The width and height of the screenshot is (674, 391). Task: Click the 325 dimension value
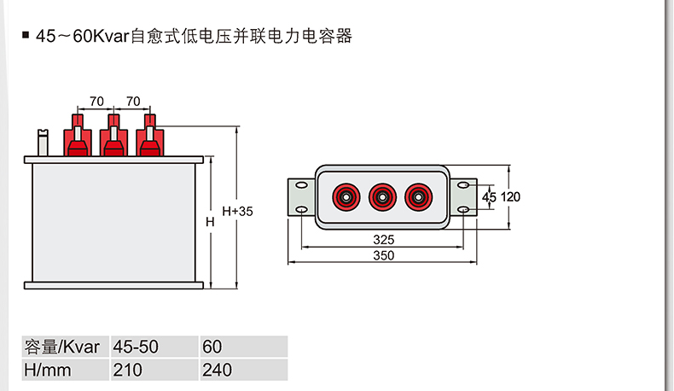pyautogui.click(x=383, y=241)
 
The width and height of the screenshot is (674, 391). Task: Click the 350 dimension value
pyautogui.click(x=383, y=255)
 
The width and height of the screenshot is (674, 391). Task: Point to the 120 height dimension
pyautogui.click(x=510, y=197)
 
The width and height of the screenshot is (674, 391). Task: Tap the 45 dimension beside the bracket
pyautogui.click(x=489, y=197)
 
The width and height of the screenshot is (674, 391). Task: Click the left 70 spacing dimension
pyautogui.click(x=96, y=102)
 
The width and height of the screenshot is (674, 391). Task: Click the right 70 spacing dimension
pyautogui.click(x=132, y=102)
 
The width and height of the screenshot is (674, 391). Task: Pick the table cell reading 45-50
pyautogui.click(x=136, y=347)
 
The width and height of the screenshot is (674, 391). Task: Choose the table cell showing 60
pyautogui.click(x=212, y=347)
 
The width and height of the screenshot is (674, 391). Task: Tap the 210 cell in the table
pyautogui.click(x=128, y=371)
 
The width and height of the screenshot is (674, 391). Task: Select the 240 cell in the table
pyautogui.click(x=218, y=371)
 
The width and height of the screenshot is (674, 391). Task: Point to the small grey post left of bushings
pyautogui.click(x=43, y=142)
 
